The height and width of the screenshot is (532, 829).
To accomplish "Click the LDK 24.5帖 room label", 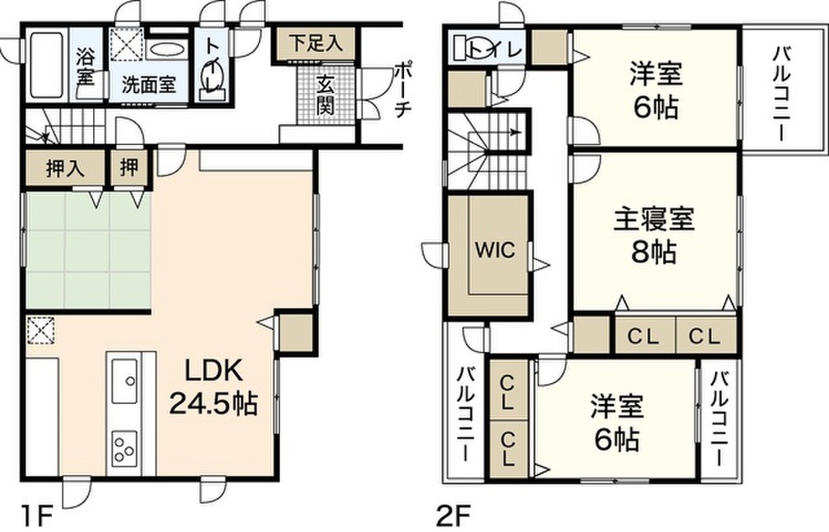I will point(212,386).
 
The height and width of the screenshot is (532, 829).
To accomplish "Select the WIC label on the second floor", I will point(494,250).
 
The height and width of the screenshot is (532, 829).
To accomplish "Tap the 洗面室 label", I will point(150,84).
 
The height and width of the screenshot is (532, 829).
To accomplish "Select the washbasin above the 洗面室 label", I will point(167,49).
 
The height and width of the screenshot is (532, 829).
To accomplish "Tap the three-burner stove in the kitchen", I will point(124,448).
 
